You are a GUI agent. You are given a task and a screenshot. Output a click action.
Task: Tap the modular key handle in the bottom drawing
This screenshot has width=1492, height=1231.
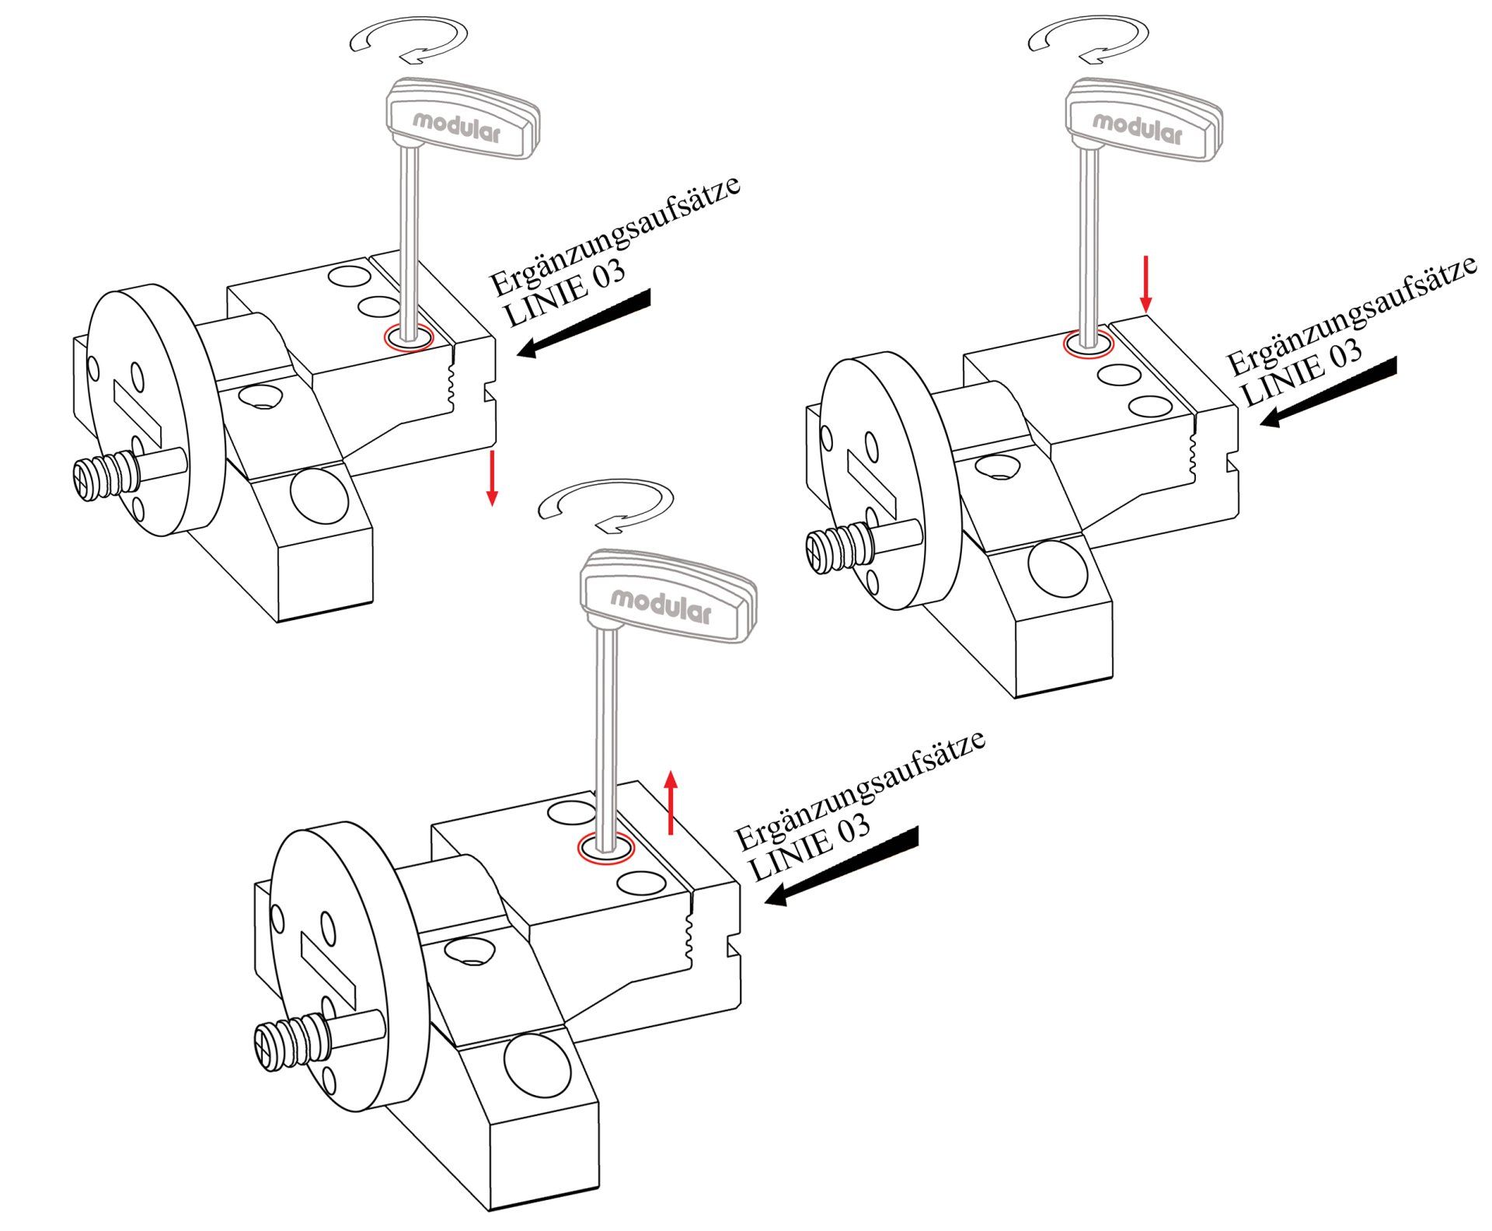[x=667, y=595]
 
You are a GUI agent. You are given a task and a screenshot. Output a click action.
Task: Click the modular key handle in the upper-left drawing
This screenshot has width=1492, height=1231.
[x=462, y=118]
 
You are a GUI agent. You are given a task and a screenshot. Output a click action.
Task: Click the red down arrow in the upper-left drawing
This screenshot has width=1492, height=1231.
[x=491, y=477]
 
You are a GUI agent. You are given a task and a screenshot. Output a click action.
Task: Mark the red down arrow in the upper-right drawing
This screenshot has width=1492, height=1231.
[x=1145, y=284]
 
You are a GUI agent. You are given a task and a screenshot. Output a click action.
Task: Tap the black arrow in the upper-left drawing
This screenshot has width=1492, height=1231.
[x=583, y=323]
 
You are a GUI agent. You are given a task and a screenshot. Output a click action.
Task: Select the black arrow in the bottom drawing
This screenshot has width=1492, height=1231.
[x=841, y=867]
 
